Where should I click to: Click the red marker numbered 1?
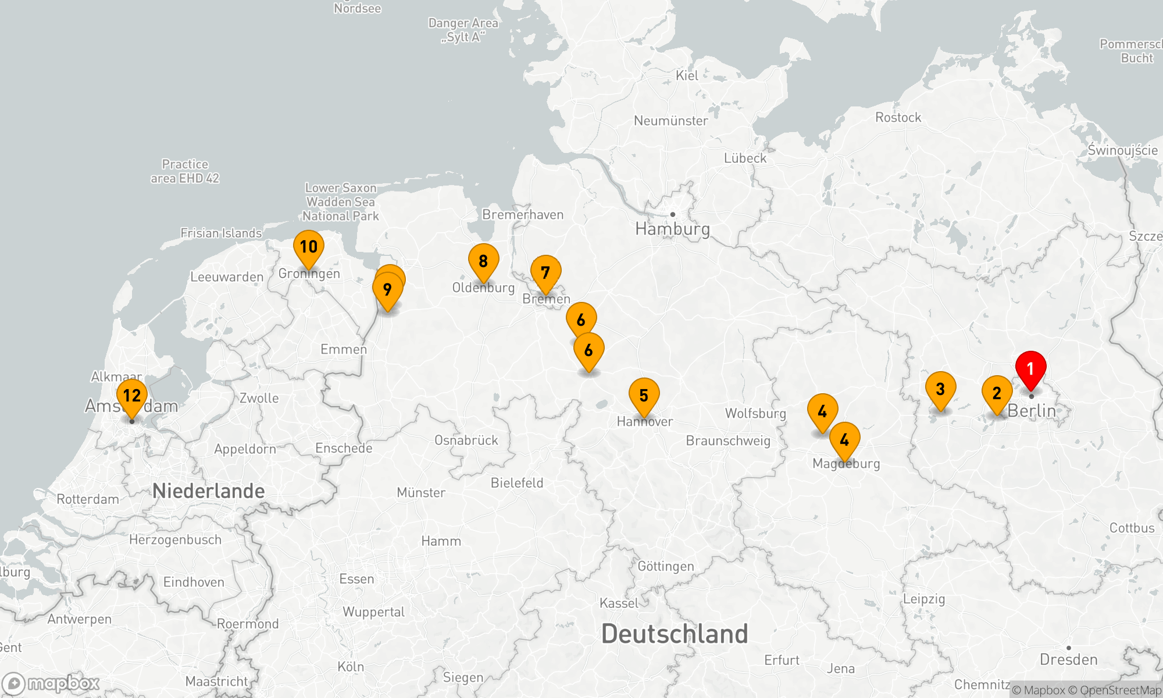[1030, 369]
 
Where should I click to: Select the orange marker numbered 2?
[997, 393]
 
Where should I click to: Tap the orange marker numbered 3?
[940, 389]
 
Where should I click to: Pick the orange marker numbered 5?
[644, 396]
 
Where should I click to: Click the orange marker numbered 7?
[545, 273]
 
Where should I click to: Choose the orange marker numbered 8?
[483, 261]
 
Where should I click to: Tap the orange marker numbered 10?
[309, 247]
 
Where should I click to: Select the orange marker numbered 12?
[132, 396]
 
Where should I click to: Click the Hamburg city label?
[672, 229]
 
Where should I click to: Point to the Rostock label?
[898, 117]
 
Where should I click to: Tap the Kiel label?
[687, 76]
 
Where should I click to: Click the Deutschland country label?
[675, 633]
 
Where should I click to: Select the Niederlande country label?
[208, 491]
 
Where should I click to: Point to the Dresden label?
[1068, 660]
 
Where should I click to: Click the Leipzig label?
[923, 599]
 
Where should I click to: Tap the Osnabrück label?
[466, 440]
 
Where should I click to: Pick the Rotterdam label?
[88, 499]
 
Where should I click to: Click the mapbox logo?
[51, 683]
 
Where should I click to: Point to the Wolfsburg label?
[755, 414]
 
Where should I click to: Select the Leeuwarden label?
[227, 277]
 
